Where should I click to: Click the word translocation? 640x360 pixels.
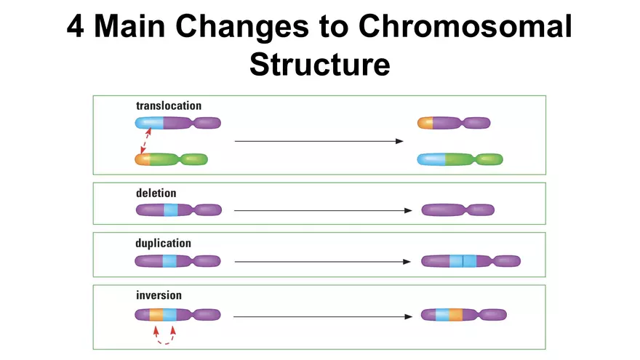point(169,106)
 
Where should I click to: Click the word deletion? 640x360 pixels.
point(156,193)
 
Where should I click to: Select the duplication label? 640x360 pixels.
point(164,243)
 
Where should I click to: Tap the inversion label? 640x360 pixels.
point(159,295)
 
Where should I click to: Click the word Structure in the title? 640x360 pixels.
point(320,64)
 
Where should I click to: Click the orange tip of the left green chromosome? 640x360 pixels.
point(143,159)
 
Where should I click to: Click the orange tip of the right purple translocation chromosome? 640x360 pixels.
point(425,123)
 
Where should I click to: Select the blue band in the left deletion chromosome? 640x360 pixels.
point(171,210)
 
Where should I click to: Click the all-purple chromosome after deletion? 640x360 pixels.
point(458,210)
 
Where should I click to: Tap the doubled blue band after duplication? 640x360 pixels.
point(463,261)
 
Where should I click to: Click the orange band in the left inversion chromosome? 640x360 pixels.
point(156,315)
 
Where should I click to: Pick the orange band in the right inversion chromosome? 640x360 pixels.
point(455,316)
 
